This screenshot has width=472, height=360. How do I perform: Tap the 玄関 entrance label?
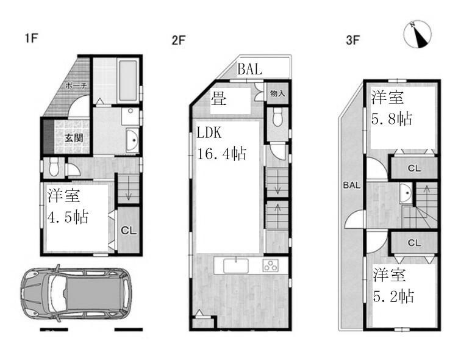pyautogui.click(x=74, y=137)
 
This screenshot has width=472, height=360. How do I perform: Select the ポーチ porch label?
pyautogui.click(x=77, y=87)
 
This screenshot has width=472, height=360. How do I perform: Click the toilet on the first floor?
pyautogui.click(x=54, y=165)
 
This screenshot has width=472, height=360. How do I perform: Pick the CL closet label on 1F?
pyautogui.click(x=128, y=231)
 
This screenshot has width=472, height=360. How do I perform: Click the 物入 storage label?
pyautogui.click(x=277, y=94)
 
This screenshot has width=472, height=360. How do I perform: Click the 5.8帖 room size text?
pyautogui.click(x=393, y=119)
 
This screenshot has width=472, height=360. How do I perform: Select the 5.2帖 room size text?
pyautogui.click(x=394, y=296)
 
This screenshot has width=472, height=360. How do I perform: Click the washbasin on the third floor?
pyautogui.click(x=406, y=194)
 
